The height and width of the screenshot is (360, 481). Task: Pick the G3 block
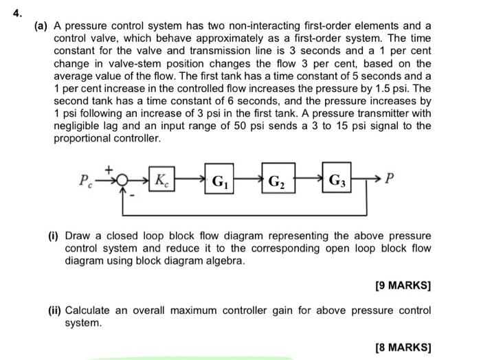[337, 182]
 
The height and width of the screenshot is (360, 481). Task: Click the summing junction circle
[121, 181]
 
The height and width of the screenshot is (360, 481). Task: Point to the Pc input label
[85, 182]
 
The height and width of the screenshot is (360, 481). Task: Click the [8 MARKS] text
[404, 348]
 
